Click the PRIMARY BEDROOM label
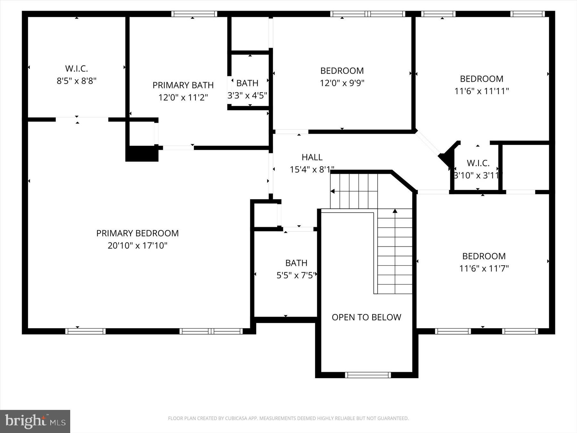click(x=138, y=233)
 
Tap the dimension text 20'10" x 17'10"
click(x=138, y=246)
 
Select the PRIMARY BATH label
click(x=183, y=85)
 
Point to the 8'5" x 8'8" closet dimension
click(x=77, y=81)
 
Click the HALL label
click(x=312, y=157)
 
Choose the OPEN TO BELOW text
click(x=366, y=317)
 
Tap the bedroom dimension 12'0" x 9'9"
click(x=342, y=83)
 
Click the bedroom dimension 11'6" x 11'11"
click(x=481, y=91)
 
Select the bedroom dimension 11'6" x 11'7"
click(x=484, y=268)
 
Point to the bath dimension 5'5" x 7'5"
click(x=296, y=275)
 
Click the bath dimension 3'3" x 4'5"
click(x=247, y=96)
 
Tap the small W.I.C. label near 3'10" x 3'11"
click(x=478, y=163)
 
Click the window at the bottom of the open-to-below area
click(x=368, y=375)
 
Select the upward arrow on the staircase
click(x=395, y=211)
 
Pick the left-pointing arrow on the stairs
click(x=333, y=191)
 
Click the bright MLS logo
click(x=35, y=421)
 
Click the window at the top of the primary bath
click(x=194, y=14)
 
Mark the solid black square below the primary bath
click(x=142, y=154)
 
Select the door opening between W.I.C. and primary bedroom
click(x=82, y=119)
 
